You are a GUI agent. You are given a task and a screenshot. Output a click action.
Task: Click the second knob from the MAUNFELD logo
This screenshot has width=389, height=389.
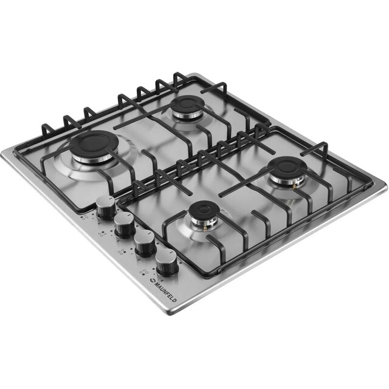145,245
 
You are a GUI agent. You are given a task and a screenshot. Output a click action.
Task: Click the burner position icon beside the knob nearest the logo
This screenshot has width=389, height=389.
143,272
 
